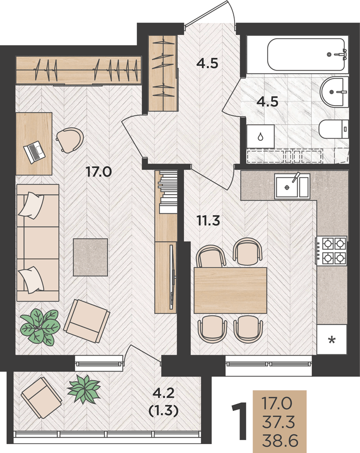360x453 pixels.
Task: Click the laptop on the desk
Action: point(34,152)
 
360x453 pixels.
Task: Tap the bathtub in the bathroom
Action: point(307,54)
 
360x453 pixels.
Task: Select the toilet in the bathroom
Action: point(333,129)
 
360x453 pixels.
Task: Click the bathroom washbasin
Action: point(335,92)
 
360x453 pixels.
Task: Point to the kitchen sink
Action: point(292,186)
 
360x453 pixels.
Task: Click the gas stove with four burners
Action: point(332,251)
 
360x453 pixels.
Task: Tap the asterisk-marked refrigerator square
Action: point(332,339)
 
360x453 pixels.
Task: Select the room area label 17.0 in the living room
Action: point(99,172)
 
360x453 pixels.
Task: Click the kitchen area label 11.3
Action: point(208,221)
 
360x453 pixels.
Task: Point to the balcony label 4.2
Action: point(163,393)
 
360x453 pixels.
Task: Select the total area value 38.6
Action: point(280,441)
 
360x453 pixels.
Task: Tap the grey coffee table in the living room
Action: point(91,257)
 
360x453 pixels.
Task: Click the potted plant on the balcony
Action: point(84,389)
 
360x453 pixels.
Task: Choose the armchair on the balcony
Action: point(41,398)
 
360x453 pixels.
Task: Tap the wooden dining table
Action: point(230,290)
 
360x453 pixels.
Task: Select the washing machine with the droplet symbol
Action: point(260,136)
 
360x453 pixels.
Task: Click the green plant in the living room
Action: point(40,327)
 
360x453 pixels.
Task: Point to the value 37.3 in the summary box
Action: point(278,422)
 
